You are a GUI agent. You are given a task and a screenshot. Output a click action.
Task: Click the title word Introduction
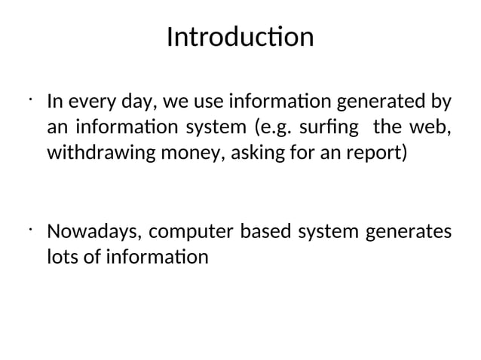[240, 36]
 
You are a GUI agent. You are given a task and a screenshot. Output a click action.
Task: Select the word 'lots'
[61, 257]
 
